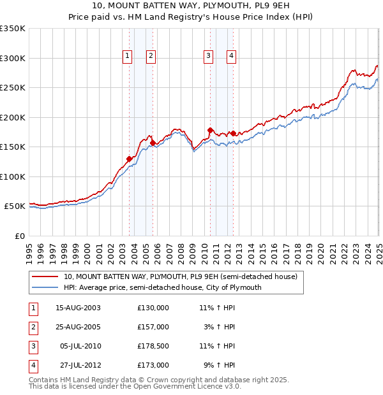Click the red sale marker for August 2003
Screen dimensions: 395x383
pos(130,159)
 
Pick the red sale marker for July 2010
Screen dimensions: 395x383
pos(210,130)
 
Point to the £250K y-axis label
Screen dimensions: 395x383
pos(13,88)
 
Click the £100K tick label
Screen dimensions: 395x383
pos(13,176)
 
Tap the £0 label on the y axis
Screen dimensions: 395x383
pos(20,236)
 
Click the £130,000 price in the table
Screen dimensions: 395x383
pos(153,308)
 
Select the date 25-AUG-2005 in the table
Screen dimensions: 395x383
pos(79,327)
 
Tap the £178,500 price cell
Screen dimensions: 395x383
pos(153,346)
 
